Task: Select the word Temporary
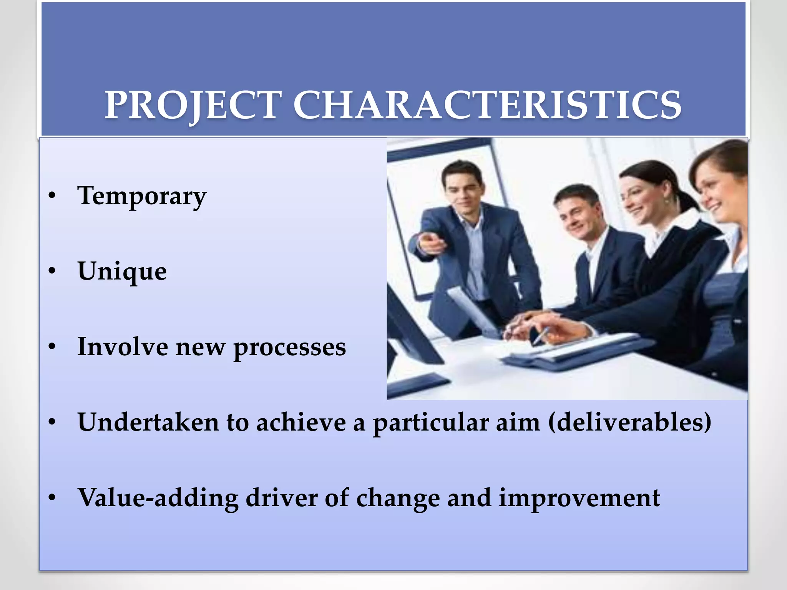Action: coord(142,196)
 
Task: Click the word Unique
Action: coord(122,272)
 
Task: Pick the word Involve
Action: coord(123,346)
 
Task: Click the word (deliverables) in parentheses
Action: coord(629,423)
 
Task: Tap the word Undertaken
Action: coord(148,422)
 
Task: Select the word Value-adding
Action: coord(158,498)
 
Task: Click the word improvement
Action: coord(579,498)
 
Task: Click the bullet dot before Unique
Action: coord(52,271)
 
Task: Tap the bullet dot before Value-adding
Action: coord(52,498)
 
